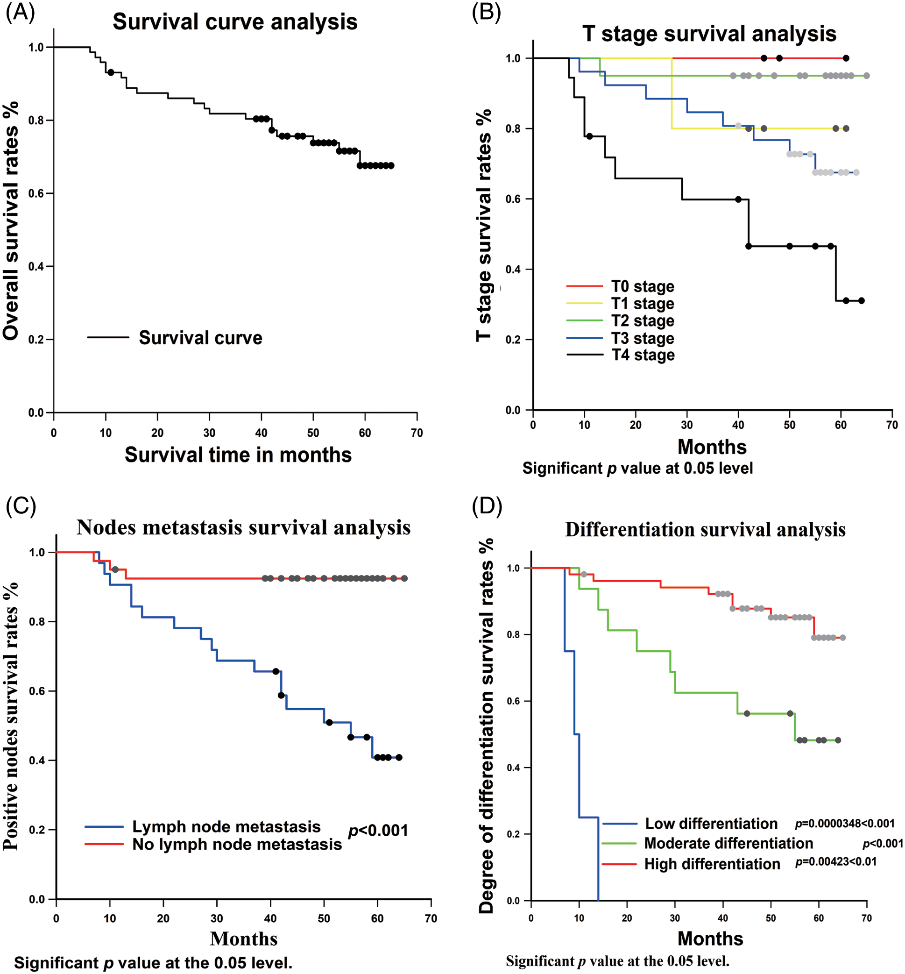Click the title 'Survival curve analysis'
235,22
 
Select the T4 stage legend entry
643,355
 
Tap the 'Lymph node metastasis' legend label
226,826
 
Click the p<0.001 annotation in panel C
378,831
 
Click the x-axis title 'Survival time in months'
238,455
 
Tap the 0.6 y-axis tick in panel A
37,193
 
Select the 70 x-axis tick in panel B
892,425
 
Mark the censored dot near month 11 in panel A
111,72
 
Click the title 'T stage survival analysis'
709,34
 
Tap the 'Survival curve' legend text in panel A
200,338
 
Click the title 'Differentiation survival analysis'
705,530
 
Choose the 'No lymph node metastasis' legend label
237,844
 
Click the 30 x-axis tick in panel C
217,918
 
